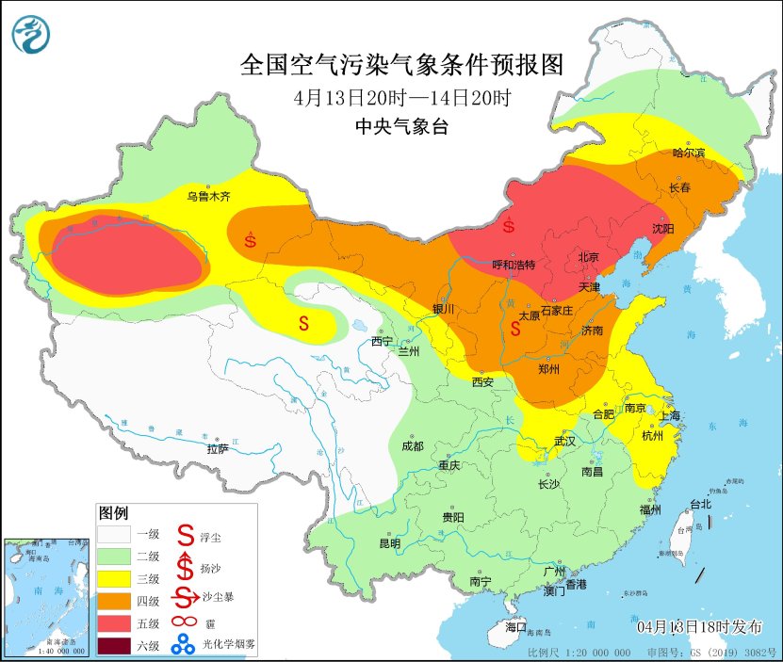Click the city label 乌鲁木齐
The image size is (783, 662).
(x=208, y=197)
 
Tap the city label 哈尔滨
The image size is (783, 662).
(x=689, y=153)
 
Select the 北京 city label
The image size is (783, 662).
(x=589, y=255)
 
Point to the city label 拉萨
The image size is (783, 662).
(x=218, y=449)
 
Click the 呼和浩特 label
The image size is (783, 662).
(x=514, y=266)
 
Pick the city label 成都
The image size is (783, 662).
(x=411, y=445)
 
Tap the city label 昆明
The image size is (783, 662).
(x=389, y=543)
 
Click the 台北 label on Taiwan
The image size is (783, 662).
(x=701, y=504)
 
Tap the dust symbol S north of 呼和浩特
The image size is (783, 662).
(x=509, y=226)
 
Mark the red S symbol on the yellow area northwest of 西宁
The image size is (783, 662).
(x=304, y=323)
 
